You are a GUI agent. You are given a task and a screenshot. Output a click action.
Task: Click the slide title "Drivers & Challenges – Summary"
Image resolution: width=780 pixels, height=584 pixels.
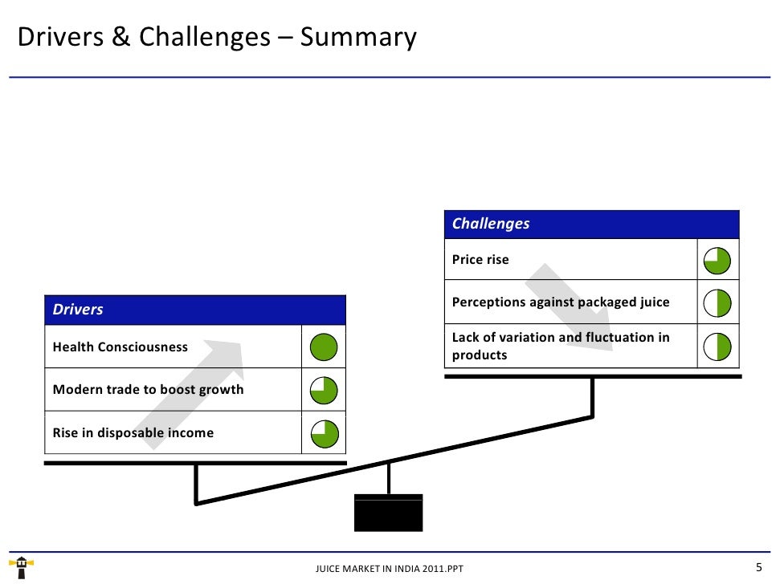click(x=217, y=38)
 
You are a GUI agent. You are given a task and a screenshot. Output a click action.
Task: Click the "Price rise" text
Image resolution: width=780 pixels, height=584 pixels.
click(x=480, y=260)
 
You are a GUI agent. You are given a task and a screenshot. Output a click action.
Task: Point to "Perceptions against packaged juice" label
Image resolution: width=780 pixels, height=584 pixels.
click(x=561, y=302)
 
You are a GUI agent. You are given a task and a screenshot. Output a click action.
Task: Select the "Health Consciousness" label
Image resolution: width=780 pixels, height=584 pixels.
click(x=120, y=347)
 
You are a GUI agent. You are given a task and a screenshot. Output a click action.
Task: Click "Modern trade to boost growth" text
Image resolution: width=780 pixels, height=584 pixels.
click(x=148, y=390)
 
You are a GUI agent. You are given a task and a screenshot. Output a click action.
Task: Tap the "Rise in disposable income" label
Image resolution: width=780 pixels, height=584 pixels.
click(x=133, y=433)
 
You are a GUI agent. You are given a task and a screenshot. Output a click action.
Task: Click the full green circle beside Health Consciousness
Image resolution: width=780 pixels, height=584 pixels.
click(x=324, y=347)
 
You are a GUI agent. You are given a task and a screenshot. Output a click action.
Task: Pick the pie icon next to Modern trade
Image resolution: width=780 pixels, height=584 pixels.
click(x=324, y=391)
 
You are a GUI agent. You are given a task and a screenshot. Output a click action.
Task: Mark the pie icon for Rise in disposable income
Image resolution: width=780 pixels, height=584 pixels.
click(x=324, y=434)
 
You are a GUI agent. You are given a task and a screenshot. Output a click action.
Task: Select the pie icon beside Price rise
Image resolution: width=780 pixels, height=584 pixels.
click(x=717, y=260)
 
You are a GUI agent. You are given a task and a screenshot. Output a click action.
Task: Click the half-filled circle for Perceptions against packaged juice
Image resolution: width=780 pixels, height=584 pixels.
click(x=717, y=303)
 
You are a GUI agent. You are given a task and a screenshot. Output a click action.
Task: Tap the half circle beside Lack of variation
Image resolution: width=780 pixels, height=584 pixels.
click(x=717, y=347)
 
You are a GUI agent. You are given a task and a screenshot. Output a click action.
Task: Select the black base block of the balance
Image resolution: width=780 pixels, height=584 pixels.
click(x=389, y=512)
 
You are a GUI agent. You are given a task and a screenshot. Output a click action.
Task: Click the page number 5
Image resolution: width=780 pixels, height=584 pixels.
click(x=758, y=567)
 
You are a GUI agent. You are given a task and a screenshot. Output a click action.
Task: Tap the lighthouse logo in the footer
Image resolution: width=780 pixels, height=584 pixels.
click(x=22, y=566)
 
